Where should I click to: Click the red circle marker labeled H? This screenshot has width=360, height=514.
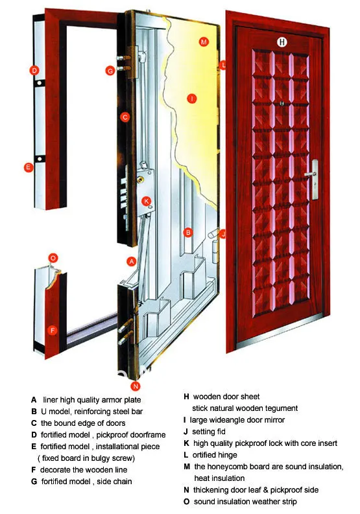tap(282, 42)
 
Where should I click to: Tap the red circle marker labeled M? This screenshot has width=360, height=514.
tap(203, 42)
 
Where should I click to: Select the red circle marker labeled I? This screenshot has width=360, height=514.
tap(191, 99)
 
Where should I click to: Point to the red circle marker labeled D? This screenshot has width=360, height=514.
tap(34, 70)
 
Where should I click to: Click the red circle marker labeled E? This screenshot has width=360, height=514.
tap(28, 167)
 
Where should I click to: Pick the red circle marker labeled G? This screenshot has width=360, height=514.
tap(110, 70)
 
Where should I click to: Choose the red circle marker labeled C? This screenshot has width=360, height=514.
tap(126, 117)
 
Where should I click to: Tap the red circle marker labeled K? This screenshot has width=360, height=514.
tap(147, 201)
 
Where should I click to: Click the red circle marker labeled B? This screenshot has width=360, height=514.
tap(187, 231)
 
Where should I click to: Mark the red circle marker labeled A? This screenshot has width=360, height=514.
tap(132, 261)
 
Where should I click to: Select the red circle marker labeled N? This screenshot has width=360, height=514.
tap(135, 386)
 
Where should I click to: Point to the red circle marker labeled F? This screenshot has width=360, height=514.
tap(53, 329)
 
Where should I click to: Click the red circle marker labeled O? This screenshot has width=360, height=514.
tap(53, 257)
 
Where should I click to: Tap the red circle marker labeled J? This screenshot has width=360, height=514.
tap(222, 234)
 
